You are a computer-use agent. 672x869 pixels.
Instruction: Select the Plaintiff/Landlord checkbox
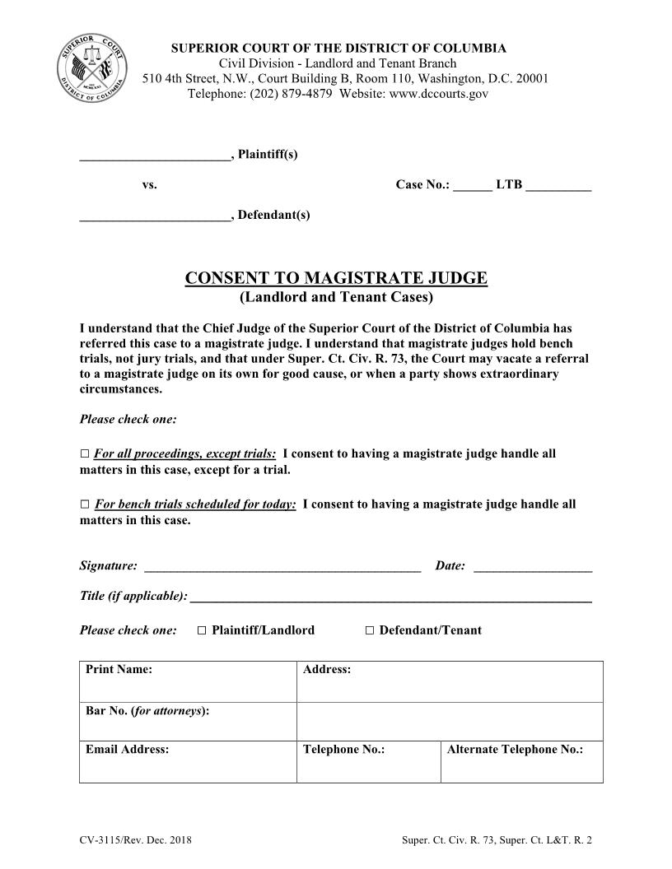202,630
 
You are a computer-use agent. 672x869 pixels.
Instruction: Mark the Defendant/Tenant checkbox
369,630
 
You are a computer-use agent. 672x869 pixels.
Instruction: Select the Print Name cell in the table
188,681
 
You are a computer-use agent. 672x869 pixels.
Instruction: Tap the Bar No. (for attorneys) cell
188,721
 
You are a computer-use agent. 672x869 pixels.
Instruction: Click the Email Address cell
188,761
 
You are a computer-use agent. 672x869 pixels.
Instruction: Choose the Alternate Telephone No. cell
521,761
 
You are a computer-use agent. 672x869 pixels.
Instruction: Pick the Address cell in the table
450,681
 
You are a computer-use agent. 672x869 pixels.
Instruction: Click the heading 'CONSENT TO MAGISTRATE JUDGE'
336,278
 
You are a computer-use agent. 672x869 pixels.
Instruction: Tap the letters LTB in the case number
508,184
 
